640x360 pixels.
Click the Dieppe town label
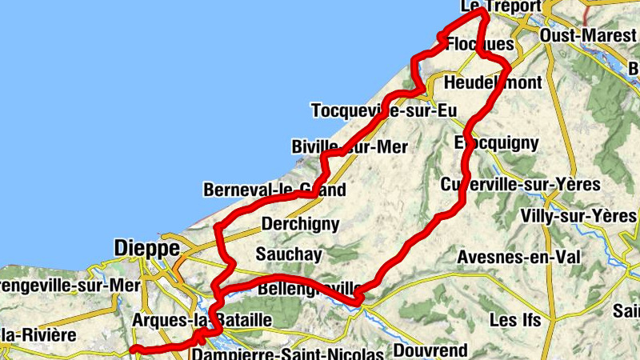tap(147, 248)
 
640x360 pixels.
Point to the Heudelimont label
tap(492, 82)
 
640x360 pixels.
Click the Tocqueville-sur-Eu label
tap(378, 110)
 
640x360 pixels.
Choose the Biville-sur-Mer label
tap(350, 146)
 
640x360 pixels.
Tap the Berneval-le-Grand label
tap(274, 190)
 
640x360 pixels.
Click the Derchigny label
tap(301, 224)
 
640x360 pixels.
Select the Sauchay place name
tap(289, 254)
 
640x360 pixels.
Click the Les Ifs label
tap(514, 320)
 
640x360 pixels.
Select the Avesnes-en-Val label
tap(519, 257)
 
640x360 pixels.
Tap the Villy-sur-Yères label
tap(578, 216)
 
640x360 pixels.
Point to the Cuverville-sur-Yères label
tap(520, 185)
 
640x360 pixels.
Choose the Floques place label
tap(478, 43)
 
